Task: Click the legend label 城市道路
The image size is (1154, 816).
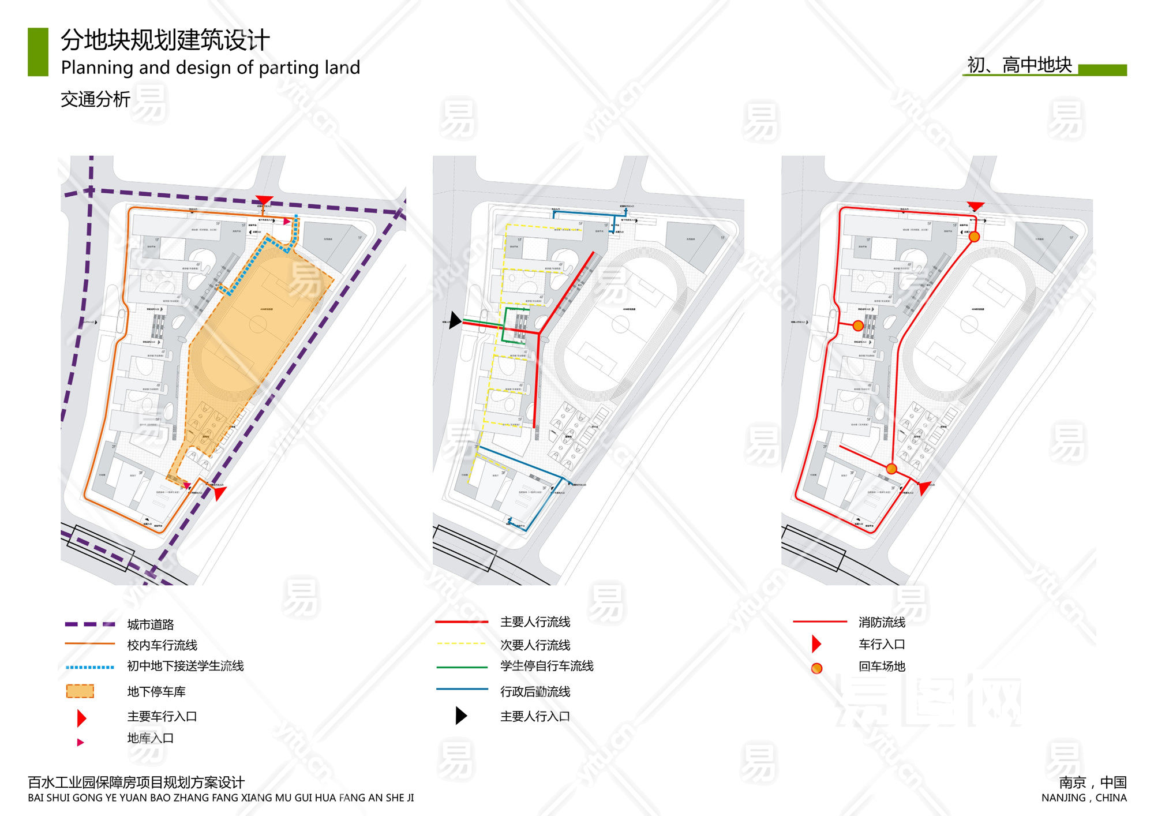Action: [151, 624]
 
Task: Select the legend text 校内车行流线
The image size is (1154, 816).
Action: [162, 645]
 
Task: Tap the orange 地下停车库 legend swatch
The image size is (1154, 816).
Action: [80, 691]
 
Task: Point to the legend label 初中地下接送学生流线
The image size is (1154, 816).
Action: [185, 666]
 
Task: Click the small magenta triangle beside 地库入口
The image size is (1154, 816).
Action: [80, 742]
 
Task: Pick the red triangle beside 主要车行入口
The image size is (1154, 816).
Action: [81, 718]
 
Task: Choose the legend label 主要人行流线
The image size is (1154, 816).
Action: [535, 622]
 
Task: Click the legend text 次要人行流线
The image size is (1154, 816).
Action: [535, 645]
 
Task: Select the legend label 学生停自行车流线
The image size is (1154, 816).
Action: [546, 666]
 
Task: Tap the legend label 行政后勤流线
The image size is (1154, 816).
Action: [535, 691]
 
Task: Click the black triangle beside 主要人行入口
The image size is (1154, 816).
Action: [461, 716]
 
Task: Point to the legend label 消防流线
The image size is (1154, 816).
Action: [882, 622]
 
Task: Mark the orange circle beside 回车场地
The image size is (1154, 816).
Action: [816, 668]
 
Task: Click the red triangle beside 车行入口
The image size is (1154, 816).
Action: [816, 643]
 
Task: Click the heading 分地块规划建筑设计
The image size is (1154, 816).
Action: [165, 40]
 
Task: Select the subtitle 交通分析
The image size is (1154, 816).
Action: [95, 99]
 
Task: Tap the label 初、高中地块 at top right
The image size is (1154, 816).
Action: [1019, 65]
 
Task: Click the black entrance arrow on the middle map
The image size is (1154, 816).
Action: [455, 320]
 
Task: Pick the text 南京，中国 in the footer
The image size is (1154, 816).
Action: [1092, 783]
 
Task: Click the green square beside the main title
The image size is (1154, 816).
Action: [38, 52]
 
